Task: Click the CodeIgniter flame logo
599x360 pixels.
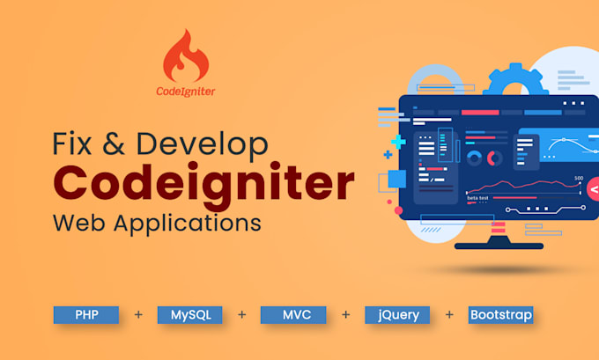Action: (x=188, y=55)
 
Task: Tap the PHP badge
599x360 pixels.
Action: (x=85, y=314)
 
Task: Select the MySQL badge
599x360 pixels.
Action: (x=189, y=314)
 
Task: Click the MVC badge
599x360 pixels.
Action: (x=292, y=314)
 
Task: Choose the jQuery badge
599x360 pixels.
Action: (x=397, y=314)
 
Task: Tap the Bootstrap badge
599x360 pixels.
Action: (x=500, y=314)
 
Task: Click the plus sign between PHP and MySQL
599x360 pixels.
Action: (x=137, y=314)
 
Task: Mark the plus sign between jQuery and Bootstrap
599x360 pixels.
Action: (x=449, y=314)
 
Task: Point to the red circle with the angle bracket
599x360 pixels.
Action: (x=593, y=189)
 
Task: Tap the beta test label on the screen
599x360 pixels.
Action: (x=478, y=198)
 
